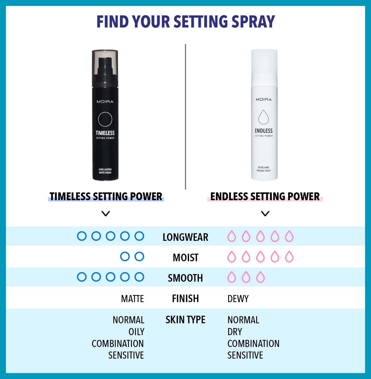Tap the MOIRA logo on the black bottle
tap(105, 102)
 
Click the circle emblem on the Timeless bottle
tap(105, 119)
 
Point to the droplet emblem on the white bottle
tap(263, 117)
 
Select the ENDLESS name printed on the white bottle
tap(263, 131)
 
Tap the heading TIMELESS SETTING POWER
tap(106, 196)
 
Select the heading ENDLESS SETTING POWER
tap(265, 196)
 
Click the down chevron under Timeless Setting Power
tap(105, 214)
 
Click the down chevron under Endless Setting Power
tap(265, 214)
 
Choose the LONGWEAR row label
tap(185, 237)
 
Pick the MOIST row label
tap(185, 257)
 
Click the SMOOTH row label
tap(185, 278)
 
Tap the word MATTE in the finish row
tap(132, 299)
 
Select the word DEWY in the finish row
tap(238, 299)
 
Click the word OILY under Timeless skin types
tap(137, 332)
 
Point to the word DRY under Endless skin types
tap(235, 332)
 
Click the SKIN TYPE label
tap(185, 320)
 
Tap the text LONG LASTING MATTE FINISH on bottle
tap(105, 171)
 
